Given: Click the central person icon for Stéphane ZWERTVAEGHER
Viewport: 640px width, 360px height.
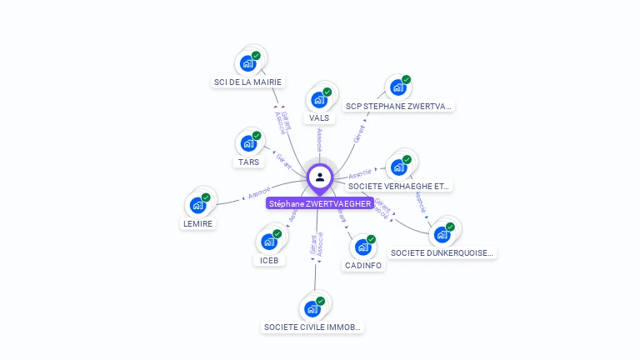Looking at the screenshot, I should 320,177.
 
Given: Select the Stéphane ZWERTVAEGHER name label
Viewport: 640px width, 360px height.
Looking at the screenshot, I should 320,203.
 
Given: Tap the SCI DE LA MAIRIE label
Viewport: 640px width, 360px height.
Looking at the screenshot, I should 247,82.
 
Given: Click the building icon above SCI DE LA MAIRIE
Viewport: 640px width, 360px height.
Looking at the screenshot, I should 247,63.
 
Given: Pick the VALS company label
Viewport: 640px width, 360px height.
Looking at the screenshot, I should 319,117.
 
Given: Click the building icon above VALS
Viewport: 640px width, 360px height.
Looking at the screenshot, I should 318,100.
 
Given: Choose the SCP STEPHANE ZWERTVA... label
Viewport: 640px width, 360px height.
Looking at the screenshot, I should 399,106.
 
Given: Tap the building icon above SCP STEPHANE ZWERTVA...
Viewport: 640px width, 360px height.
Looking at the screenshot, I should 398,87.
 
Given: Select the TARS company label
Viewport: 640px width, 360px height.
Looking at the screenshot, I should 248,162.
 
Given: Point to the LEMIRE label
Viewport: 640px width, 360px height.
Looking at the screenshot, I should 198,223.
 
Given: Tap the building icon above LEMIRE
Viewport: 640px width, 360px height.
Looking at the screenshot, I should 198,205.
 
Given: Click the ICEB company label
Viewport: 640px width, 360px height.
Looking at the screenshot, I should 269,260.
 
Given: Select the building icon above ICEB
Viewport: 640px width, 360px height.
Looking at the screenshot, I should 269,242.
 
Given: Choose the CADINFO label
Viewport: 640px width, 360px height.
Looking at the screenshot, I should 363,265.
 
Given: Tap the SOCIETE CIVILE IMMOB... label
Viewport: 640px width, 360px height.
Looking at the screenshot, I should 313,327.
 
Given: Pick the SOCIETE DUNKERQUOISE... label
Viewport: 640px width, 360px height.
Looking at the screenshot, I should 442,252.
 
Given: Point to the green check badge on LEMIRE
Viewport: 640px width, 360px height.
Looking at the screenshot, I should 206,197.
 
